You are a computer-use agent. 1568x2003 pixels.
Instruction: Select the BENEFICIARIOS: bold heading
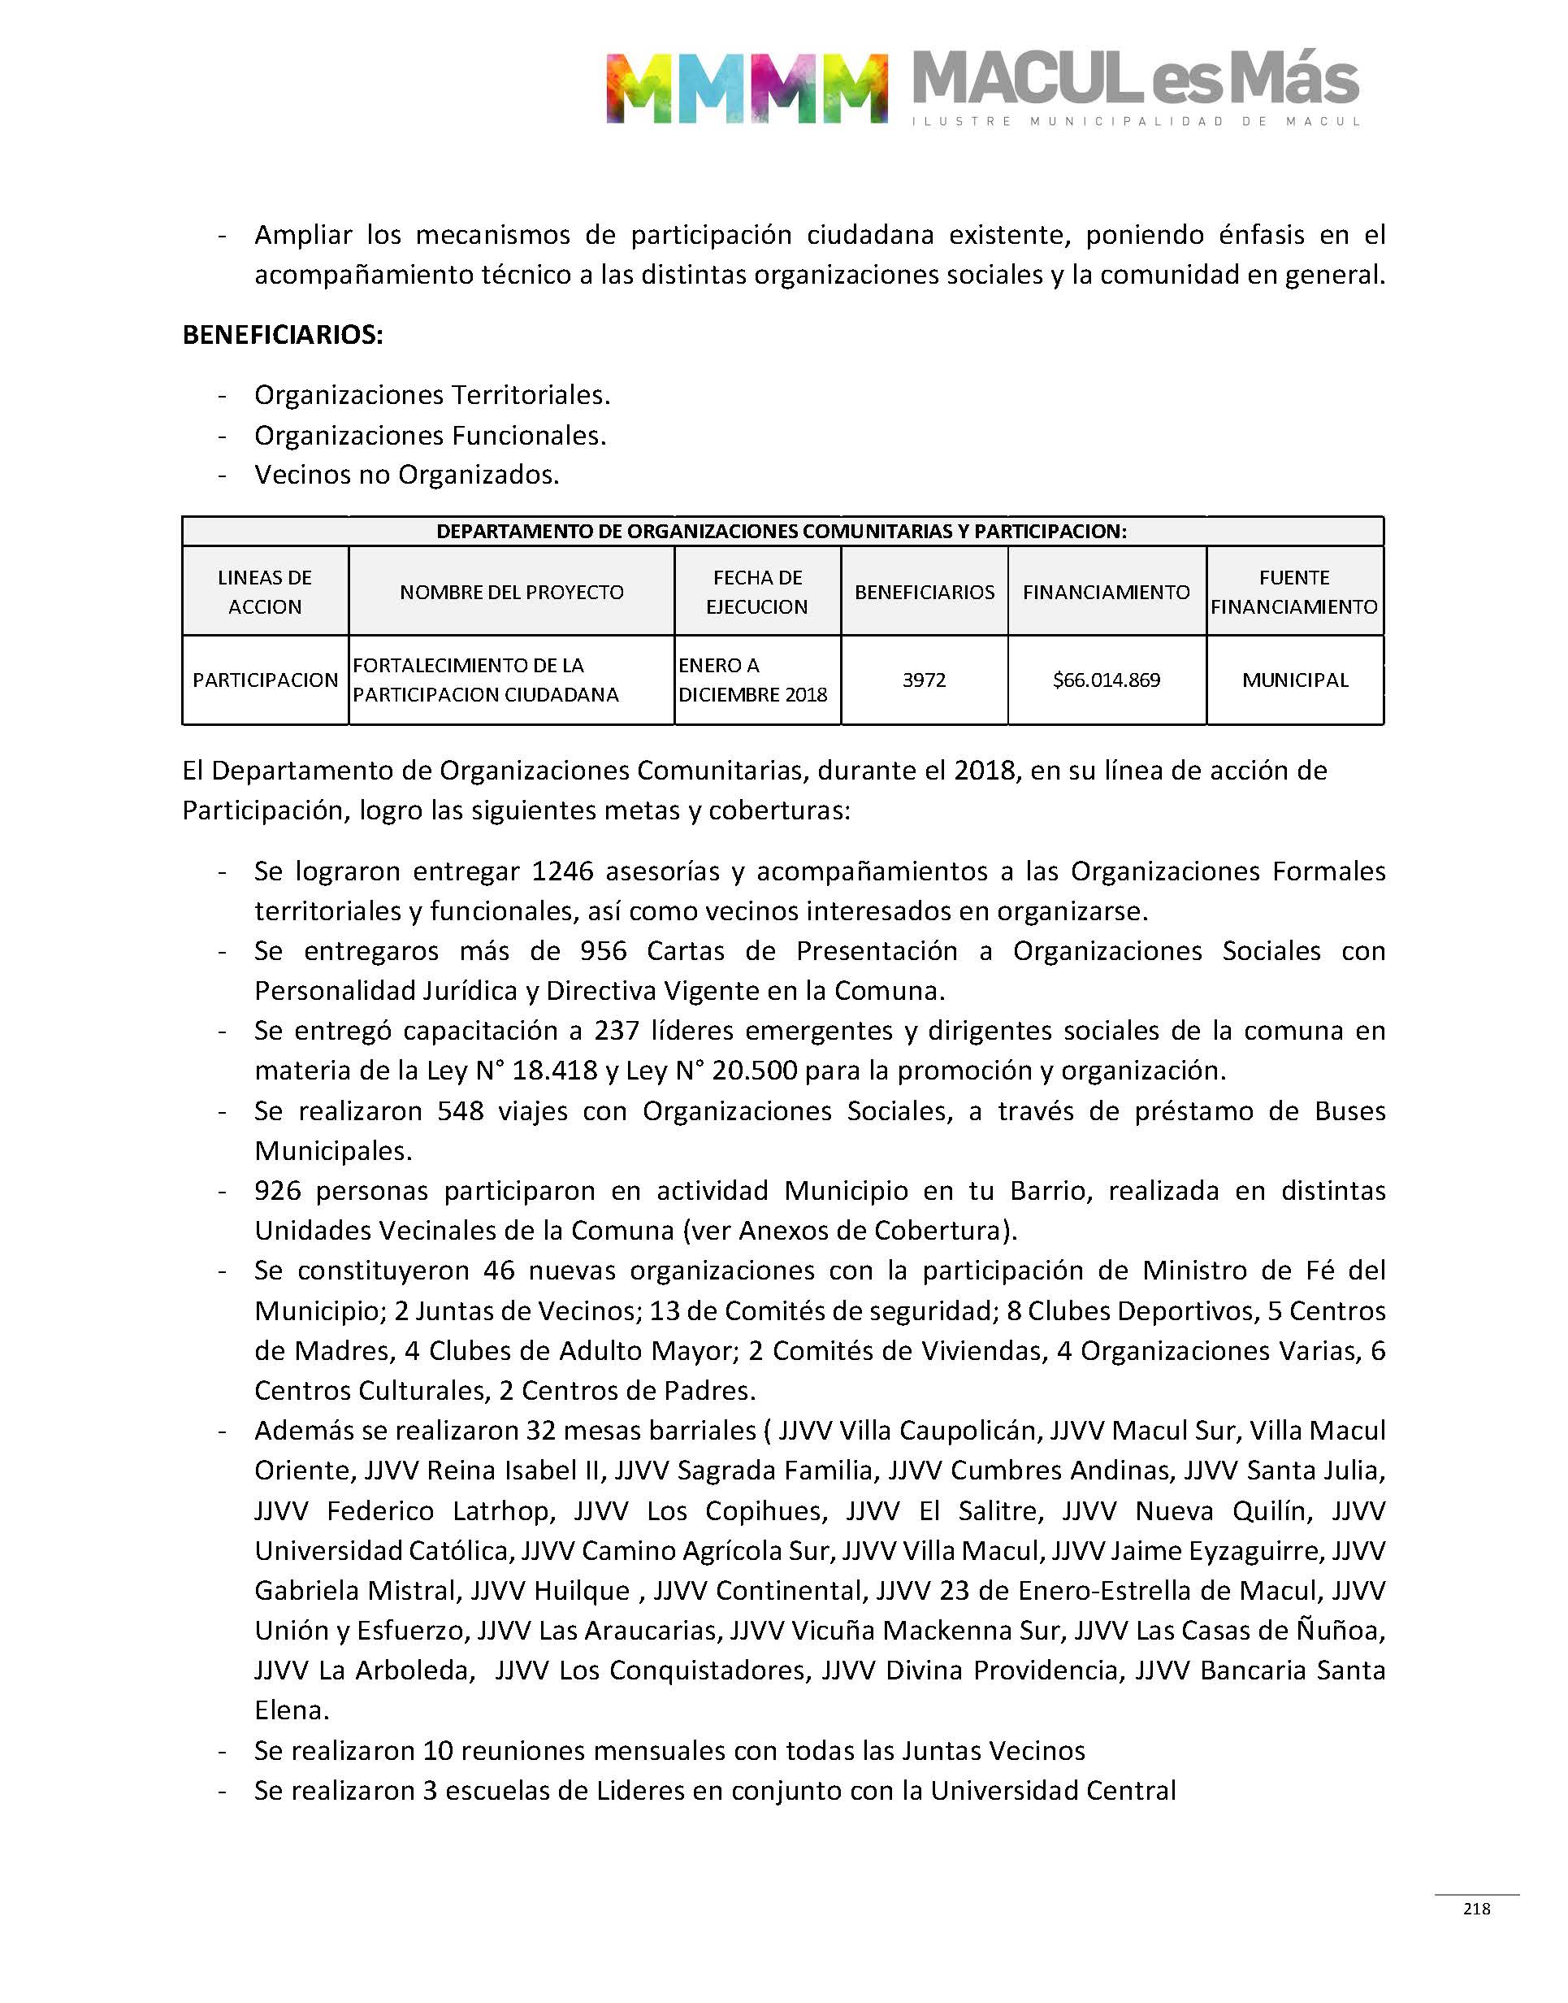pos(283,335)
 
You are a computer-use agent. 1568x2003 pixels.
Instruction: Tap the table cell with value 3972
pos(924,680)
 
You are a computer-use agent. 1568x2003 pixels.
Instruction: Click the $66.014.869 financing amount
pos(1107,680)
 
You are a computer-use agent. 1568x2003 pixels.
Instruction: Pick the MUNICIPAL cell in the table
pos(1294,680)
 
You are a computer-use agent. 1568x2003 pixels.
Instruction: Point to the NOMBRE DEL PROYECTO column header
pos(511,593)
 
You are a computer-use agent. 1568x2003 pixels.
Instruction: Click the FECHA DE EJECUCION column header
pos(757,593)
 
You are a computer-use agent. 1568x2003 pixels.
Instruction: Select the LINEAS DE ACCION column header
pos(264,593)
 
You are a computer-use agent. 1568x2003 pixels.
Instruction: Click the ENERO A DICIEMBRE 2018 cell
pos(753,680)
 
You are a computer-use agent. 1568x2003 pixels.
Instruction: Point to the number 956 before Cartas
pos(603,950)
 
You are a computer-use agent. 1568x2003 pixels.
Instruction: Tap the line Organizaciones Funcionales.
pos(430,436)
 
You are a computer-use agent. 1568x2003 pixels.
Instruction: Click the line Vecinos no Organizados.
pos(407,475)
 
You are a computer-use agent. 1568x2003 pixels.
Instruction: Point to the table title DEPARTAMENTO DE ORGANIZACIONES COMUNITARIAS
pos(782,532)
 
